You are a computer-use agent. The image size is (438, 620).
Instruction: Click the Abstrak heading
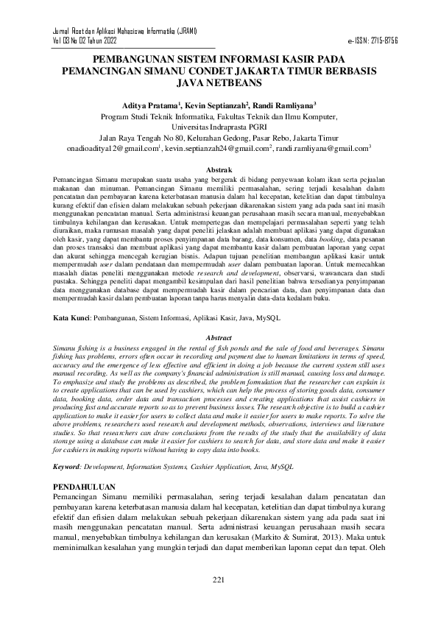pos(218,169)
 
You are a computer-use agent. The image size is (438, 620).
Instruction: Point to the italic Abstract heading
pos(218,337)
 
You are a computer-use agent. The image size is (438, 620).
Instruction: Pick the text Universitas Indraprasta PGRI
pos(218,127)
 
